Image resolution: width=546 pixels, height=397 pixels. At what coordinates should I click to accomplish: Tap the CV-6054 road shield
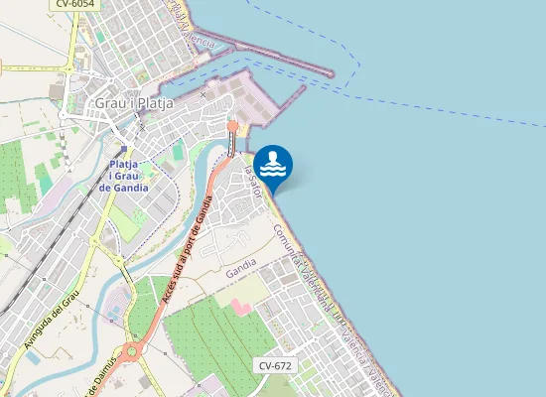tap(75, 4)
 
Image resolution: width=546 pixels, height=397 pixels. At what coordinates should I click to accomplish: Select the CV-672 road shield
tap(275, 365)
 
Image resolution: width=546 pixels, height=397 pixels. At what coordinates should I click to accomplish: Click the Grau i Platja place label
tap(134, 102)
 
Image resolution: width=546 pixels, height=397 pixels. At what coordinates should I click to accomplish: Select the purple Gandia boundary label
tap(240, 271)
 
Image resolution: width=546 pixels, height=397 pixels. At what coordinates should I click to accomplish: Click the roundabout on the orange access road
tap(136, 349)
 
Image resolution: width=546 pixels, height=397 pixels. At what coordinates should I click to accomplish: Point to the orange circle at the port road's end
tap(232, 126)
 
